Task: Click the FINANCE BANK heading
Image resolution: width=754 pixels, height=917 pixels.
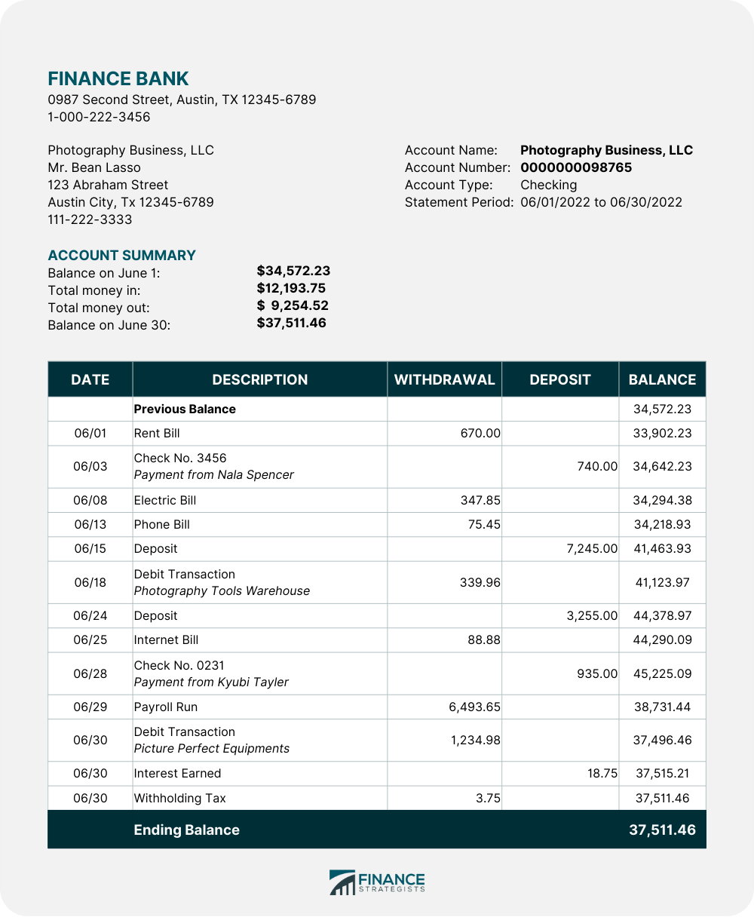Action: click(x=118, y=78)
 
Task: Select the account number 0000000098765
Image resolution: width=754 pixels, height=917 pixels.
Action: click(x=576, y=167)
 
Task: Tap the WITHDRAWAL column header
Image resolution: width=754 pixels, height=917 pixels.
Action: click(x=444, y=380)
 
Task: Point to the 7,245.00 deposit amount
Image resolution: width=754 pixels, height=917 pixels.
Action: click(x=592, y=549)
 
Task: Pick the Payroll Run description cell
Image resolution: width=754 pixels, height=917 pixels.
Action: click(x=166, y=707)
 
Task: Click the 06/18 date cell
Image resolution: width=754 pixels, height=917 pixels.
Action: click(x=90, y=582)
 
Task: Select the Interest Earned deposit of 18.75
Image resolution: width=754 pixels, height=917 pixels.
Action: click(x=602, y=774)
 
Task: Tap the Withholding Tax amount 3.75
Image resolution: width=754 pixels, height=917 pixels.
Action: click(x=488, y=798)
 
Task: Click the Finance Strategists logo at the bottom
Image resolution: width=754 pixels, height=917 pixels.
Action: click(x=377, y=882)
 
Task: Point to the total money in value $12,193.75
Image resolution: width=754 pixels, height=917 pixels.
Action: click(x=291, y=288)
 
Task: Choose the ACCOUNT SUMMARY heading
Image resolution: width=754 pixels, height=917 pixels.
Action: click(x=121, y=255)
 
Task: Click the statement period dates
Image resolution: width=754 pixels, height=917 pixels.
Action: click(x=601, y=202)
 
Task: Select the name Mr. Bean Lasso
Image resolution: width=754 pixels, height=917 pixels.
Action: click(x=94, y=167)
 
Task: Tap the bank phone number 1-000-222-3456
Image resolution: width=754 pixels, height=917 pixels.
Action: click(x=99, y=117)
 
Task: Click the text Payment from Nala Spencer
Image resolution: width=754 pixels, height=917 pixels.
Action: click(x=214, y=475)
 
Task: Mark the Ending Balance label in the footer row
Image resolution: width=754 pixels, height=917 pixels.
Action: click(x=186, y=830)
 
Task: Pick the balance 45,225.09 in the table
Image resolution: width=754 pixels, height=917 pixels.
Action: click(x=662, y=674)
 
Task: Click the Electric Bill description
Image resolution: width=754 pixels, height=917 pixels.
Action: click(x=165, y=501)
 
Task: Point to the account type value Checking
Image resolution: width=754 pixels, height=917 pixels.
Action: click(x=548, y=185)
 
